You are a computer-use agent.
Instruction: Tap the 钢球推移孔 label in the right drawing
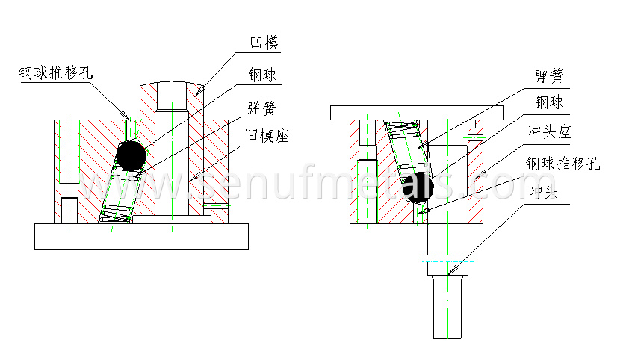point(563,164)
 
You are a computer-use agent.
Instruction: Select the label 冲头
point(545,192)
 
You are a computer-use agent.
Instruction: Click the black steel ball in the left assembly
point(131,155)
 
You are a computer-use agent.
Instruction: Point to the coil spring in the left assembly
point(117,194)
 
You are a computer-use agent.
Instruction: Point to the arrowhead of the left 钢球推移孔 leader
point(128,117)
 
